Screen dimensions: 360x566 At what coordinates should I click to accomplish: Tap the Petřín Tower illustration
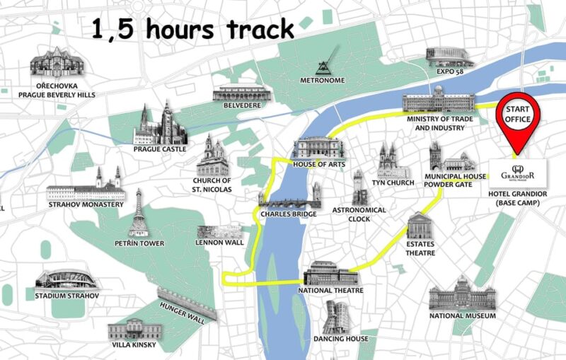(x=139, y=213)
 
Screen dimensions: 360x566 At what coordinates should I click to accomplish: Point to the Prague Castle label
(x=160, y=149)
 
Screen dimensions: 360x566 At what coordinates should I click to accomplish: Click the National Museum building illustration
(x=462, y=294)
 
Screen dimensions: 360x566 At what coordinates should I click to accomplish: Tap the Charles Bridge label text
(x=288, y=214)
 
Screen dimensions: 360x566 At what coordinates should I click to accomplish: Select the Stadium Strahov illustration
(x=67, y=279)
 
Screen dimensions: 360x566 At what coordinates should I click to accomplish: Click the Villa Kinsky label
(x=132, y=345)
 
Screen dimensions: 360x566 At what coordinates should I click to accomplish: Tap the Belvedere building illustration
(x=241, y=93)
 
